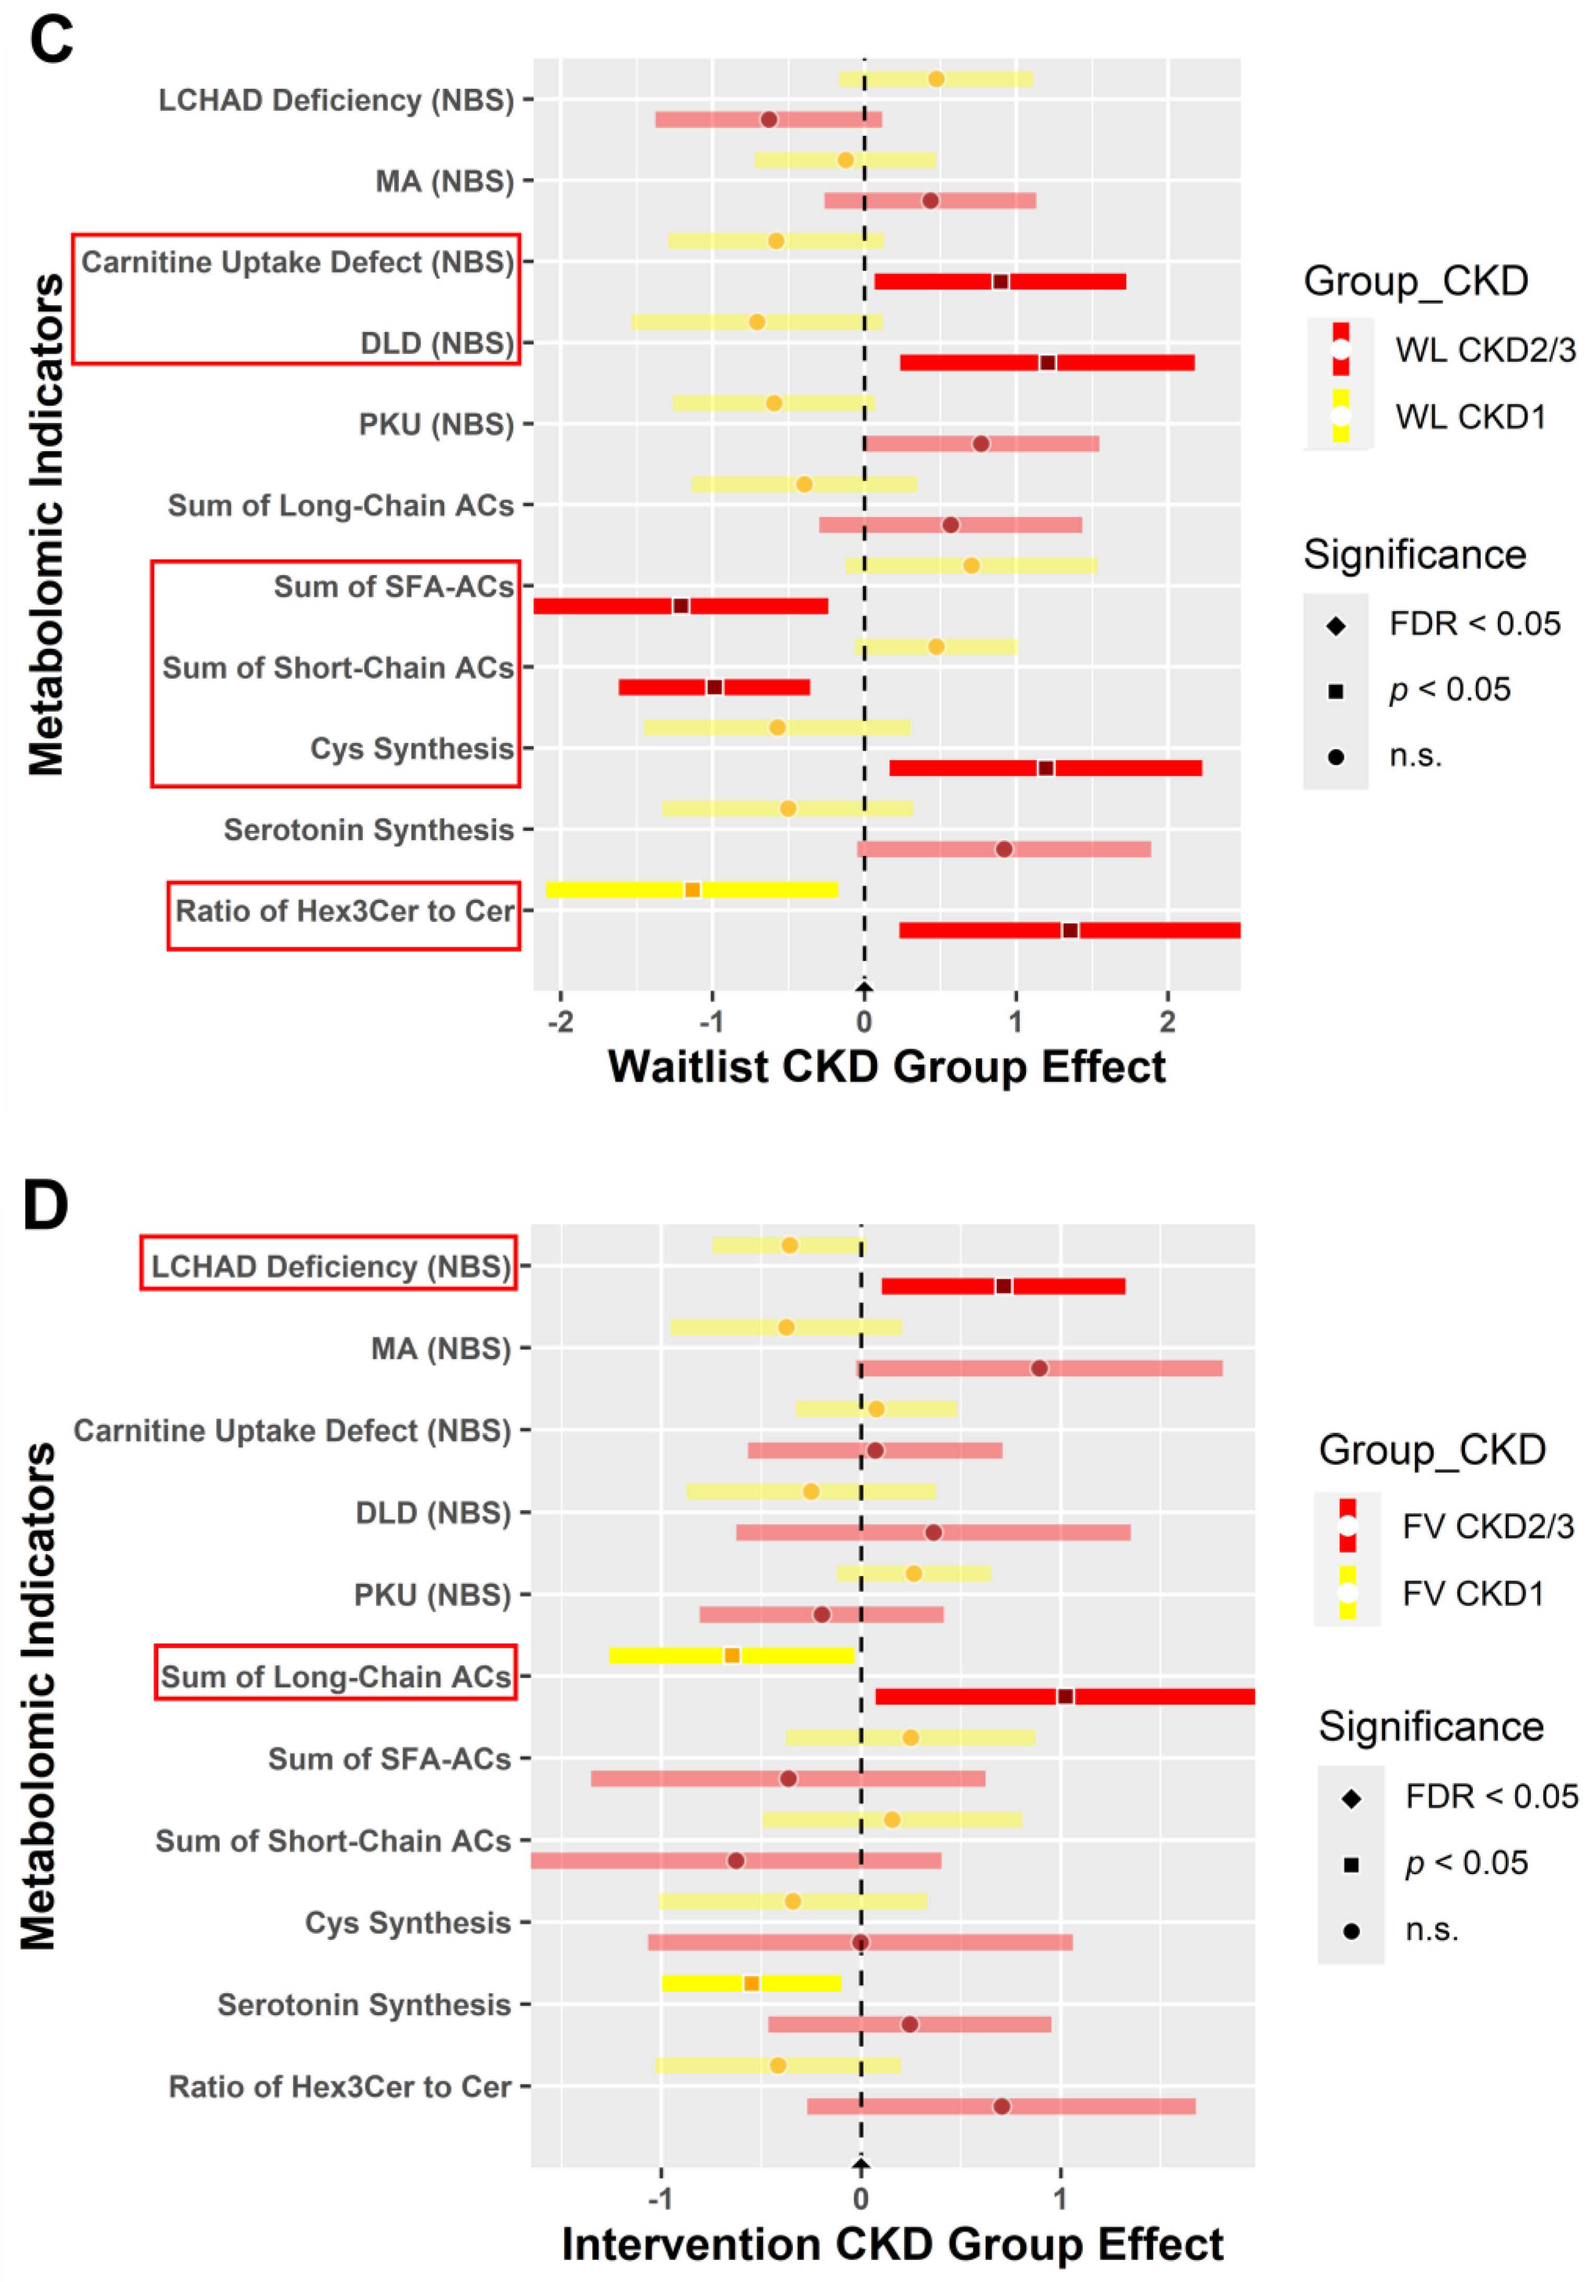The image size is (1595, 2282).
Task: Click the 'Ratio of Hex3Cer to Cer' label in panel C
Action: (x=344, y=911)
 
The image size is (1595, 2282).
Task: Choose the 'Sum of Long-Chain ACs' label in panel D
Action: (x=336, y=1677)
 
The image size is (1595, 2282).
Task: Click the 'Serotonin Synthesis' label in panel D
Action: (x=364, y=2005)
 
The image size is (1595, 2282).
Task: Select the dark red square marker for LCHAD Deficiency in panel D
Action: (x=1003, y=1286)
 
